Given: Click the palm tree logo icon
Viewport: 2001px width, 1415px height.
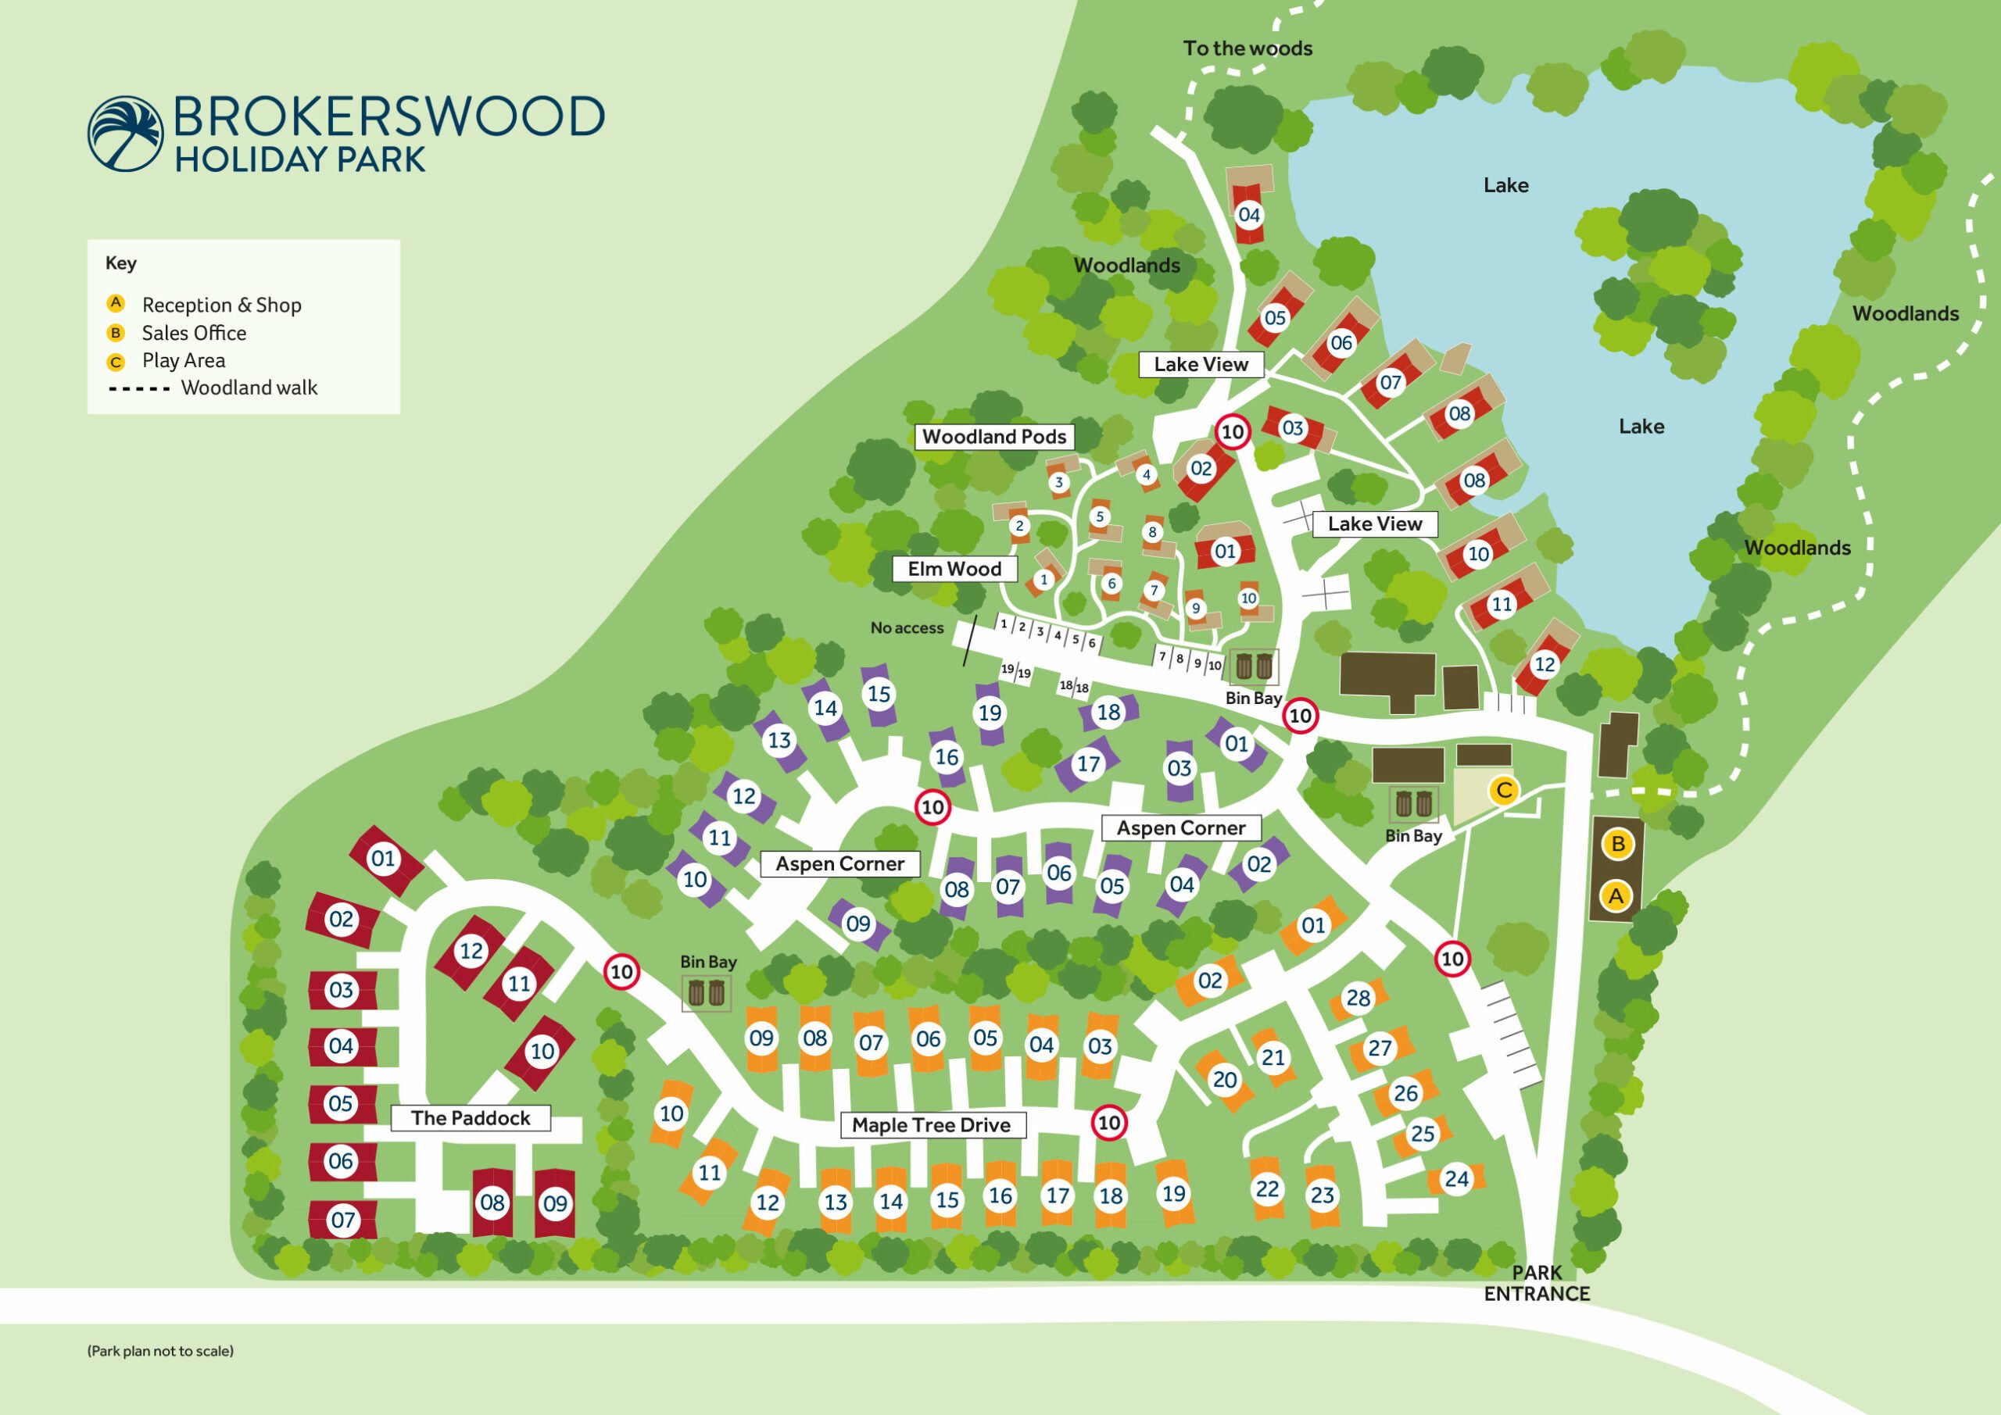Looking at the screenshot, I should coord(126,134).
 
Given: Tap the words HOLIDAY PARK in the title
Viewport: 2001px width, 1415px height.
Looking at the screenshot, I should coord(300,160).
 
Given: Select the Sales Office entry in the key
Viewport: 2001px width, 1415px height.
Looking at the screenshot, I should coord(194,333).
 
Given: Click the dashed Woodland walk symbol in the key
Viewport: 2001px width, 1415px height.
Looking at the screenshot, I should coord(139,388).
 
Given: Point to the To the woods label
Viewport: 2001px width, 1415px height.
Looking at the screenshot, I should coord(1247,48).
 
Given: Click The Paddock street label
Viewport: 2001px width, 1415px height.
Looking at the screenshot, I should coord(471,1118).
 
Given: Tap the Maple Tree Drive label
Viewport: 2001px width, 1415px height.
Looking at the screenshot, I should coord(931,1125).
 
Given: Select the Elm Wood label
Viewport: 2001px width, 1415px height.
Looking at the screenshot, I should coord(954,569).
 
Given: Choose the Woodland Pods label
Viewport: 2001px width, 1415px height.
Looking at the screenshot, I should coord(993,437).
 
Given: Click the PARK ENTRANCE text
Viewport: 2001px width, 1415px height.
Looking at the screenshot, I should coord(1537,1284).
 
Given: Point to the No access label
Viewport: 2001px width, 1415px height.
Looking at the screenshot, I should coord(907,628).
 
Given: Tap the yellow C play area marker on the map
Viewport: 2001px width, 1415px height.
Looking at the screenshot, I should coord(1503,791).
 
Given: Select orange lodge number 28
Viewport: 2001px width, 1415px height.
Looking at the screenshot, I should coord(1358,999).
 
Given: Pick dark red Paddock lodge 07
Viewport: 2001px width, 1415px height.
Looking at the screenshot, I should coord(342,1220).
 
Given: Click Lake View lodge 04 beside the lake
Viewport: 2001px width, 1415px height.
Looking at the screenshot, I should coord(1249,214).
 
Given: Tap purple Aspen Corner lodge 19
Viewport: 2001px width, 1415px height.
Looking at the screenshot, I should coord(990,713).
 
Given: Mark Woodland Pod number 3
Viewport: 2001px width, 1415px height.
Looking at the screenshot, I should coord(1059,483).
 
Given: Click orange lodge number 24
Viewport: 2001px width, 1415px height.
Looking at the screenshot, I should coord(1456,1179).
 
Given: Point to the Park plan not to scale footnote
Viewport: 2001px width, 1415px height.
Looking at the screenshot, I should coord(160,1352).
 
